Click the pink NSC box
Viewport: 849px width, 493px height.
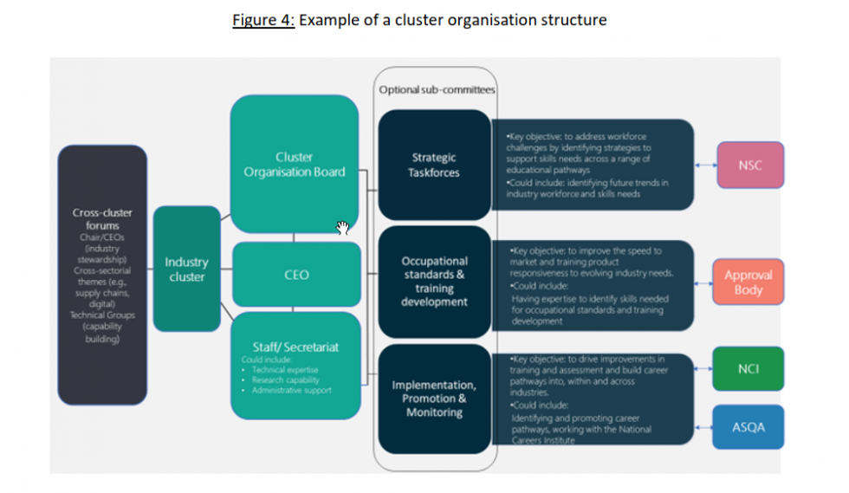point(750,165)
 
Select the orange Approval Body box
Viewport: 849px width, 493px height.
point(748,282)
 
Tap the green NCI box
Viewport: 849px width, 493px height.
point(748,369)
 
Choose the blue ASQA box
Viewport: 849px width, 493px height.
point(748,427)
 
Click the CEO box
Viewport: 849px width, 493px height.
point(296,275)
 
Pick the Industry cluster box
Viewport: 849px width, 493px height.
point(186,269)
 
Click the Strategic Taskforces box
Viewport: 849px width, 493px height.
point(434,165)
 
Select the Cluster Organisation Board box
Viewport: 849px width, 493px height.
point(295,165)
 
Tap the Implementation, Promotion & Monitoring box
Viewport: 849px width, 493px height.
point(434,399)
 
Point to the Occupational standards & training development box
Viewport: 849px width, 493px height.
point(434,281)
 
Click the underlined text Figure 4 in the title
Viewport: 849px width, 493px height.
point(263,20)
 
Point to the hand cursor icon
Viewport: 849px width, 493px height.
point(343,228)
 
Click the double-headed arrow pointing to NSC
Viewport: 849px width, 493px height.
point(705,165)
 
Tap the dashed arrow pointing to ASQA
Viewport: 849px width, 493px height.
point(703,427)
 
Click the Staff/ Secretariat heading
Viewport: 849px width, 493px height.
point(295,347)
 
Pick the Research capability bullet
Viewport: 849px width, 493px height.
point(285,379)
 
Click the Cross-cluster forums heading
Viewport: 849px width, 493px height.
point(102,218)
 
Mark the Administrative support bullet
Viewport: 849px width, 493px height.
point(291,390)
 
